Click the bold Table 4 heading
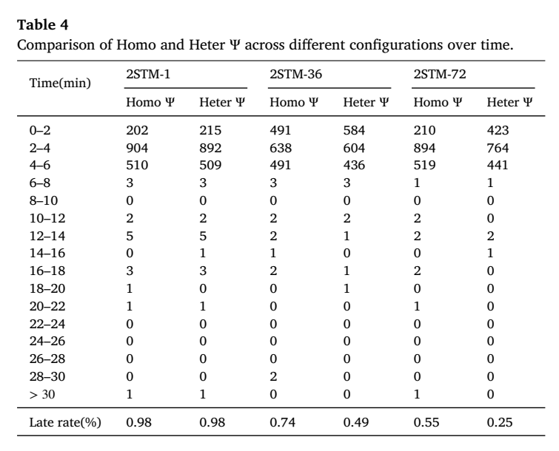tap(42, 25)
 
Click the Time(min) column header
tap(60, 83)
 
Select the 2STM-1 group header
tap(148, 74)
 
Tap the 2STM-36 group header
tap(295, 74)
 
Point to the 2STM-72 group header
tap(440, 74)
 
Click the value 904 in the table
tap(137, 148)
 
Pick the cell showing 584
tap(354, 130)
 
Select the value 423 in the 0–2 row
tap(498, 130)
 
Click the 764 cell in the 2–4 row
tap(498, 148)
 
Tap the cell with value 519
tap(424, 165)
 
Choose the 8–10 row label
tap(44, 200)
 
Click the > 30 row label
tap(42, 394)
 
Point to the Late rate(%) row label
tap(65, 422)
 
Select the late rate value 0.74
tap(282, 422)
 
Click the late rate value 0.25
tap(500, 422)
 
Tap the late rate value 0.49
tap(356, 422)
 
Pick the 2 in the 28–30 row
tap(273, 376)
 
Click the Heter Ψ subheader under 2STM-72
tap(509, 102)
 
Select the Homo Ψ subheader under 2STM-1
tap(150, 102)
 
